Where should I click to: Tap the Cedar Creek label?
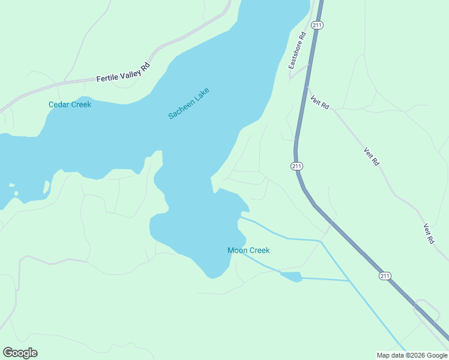point(70,104)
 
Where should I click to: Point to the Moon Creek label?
point(249,250)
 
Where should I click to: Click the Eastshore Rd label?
point(298,50)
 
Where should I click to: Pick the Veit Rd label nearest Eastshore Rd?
point(320,101)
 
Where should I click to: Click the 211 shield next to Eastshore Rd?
point(318,25)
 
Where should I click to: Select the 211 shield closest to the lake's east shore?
point(297,166)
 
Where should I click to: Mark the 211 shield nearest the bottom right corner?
point(385,275)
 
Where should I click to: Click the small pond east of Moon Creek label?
point(292,276)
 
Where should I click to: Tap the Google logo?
point(20,353)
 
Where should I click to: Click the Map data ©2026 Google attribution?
point(412,355)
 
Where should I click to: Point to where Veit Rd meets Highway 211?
point(307,86)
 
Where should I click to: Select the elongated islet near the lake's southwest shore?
point(46,188)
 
